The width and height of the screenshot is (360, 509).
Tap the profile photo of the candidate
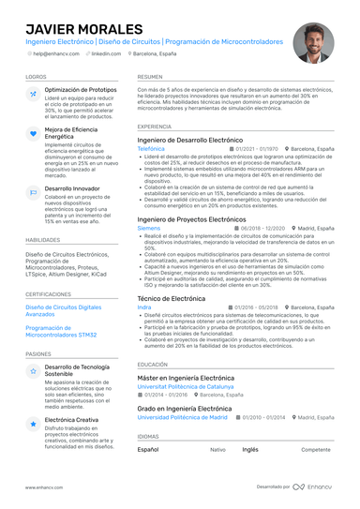(312, 43)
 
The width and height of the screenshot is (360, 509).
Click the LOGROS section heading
(37, 77)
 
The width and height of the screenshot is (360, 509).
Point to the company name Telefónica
(151, 149)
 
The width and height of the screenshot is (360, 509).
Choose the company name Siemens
(148, 228)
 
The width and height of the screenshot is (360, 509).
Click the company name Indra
(143, 307)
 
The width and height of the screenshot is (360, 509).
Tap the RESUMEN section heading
(149, 77)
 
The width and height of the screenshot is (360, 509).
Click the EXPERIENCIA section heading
(155, 127)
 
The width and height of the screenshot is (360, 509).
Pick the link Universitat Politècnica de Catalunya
(187, 385)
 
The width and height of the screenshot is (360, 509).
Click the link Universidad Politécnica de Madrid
(182, 417)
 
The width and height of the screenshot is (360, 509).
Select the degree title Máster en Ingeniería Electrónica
(186, 377)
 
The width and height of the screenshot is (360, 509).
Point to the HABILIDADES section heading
(43, 240)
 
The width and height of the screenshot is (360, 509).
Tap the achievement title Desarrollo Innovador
(77, 188)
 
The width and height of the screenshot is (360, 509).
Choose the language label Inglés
(250, 450)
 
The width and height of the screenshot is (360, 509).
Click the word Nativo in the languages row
(217, 450)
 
